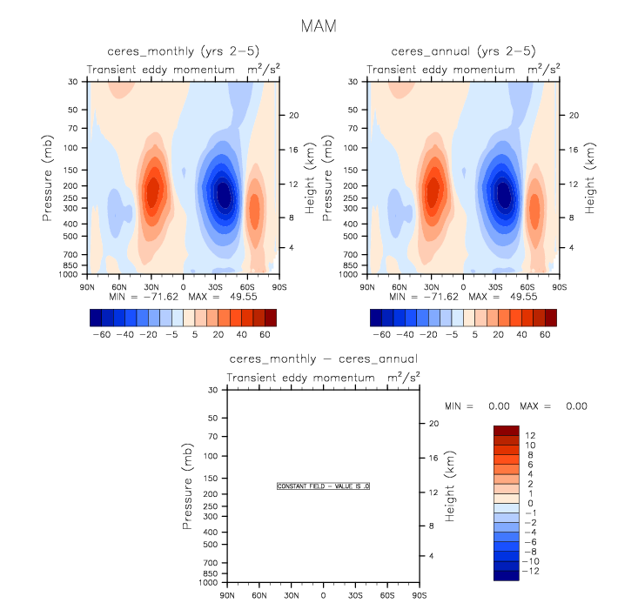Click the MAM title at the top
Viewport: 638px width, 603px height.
[319, 26]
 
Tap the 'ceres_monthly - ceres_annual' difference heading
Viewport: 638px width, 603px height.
[323, 358]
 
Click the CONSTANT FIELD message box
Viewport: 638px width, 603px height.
[323, 486]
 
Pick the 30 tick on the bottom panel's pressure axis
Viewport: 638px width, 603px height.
[212, 391]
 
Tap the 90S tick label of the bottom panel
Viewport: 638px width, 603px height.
[419, 596]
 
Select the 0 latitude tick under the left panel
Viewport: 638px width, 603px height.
[183, 286]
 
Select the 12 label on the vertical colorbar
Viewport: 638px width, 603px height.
[530, 435]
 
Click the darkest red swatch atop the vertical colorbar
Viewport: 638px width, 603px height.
[507, 430]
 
